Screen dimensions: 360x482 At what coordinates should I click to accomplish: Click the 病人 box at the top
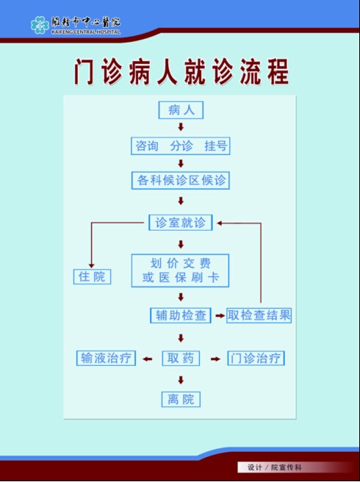coord(181,110)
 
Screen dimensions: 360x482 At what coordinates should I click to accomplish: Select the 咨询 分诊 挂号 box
coord(181,145)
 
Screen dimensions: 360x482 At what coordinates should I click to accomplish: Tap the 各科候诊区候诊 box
coord(181,180)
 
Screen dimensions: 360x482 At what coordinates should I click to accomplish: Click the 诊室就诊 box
coord(181,223)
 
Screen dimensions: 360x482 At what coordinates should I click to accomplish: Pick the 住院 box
coord(92,276)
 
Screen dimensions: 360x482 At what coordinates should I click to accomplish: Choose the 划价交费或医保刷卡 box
coord(180,270)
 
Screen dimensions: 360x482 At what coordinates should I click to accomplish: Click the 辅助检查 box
coord(181,315)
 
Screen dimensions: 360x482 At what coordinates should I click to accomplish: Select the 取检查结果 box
coord(259,315)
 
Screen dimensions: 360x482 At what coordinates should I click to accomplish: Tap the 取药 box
coord(181,359)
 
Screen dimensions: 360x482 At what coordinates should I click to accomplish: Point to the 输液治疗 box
coord(106,358)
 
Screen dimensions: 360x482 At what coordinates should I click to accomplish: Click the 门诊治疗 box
coord(256,358)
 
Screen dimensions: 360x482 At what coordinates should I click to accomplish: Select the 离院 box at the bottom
coord(181,399)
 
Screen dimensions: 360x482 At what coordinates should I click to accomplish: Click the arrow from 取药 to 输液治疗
coord(148,359)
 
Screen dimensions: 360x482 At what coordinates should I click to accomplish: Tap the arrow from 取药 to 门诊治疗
coord(215,359)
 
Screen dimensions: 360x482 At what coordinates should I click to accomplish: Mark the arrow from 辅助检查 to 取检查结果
coord(220,315)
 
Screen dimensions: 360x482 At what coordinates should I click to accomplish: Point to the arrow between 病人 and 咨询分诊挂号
coord(181,126)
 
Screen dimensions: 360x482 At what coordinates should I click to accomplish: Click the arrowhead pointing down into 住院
coord(91,265)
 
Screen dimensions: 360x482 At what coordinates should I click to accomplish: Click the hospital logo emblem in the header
coord(40,25)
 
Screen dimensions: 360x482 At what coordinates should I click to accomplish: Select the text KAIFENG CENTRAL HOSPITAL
coord(86,32)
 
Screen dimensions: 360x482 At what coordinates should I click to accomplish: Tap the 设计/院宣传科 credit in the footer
coord(275,467)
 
